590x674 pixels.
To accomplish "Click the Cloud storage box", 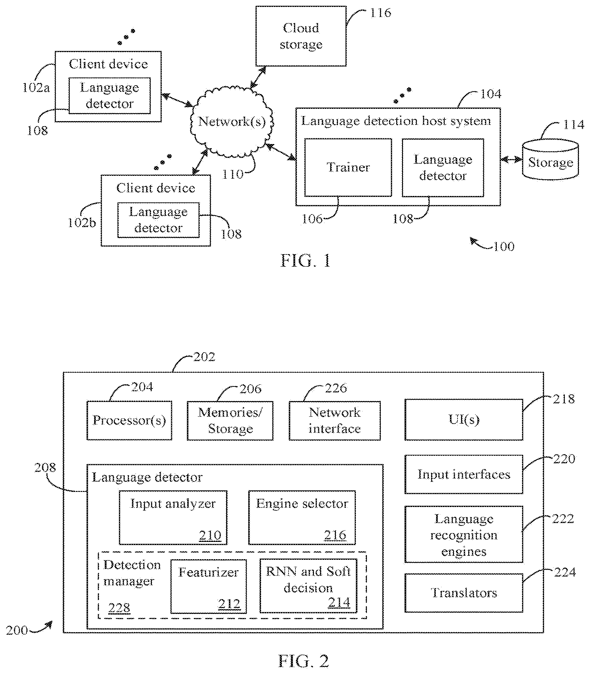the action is tap(301, 36).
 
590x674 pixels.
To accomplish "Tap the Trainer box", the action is tap(348, 168).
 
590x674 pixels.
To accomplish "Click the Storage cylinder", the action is tap(550, 159).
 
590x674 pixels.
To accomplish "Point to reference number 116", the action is tap(381, 13).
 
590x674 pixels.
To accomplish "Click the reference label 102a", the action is tap(36, 88).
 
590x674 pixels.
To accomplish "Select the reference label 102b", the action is tap(81, 223).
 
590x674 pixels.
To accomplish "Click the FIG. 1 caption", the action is tap(305, 261).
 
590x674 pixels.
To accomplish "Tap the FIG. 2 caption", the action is tap(304, 661).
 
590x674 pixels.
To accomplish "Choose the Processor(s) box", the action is tap(129, 420).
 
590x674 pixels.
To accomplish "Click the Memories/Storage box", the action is tap(230, 421).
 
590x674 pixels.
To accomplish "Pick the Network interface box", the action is tap(334, 421).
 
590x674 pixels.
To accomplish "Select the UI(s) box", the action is tap(464, 420).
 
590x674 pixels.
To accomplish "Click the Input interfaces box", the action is tap(464, 474).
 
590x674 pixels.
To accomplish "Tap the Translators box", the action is tap(464, 593).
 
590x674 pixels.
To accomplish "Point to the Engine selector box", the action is tap(302, 518).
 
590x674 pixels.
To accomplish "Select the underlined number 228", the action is tap(119, 608).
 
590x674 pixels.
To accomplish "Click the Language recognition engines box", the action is tap(464, 534).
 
